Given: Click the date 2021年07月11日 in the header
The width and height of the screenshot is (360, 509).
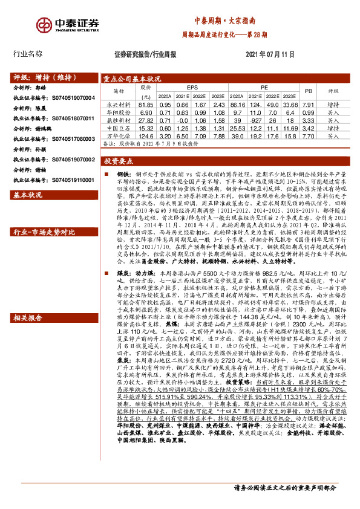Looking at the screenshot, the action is pos(270,54).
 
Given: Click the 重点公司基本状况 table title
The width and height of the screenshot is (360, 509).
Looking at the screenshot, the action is pos(131,79).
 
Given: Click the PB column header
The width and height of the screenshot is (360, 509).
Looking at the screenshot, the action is pos(307,91).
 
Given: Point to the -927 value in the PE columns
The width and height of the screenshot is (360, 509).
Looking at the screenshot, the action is pos(255,120).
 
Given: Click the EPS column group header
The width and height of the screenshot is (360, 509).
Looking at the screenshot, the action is pos(192,88).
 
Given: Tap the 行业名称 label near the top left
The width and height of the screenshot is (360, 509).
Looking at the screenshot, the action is pos(28,54).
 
